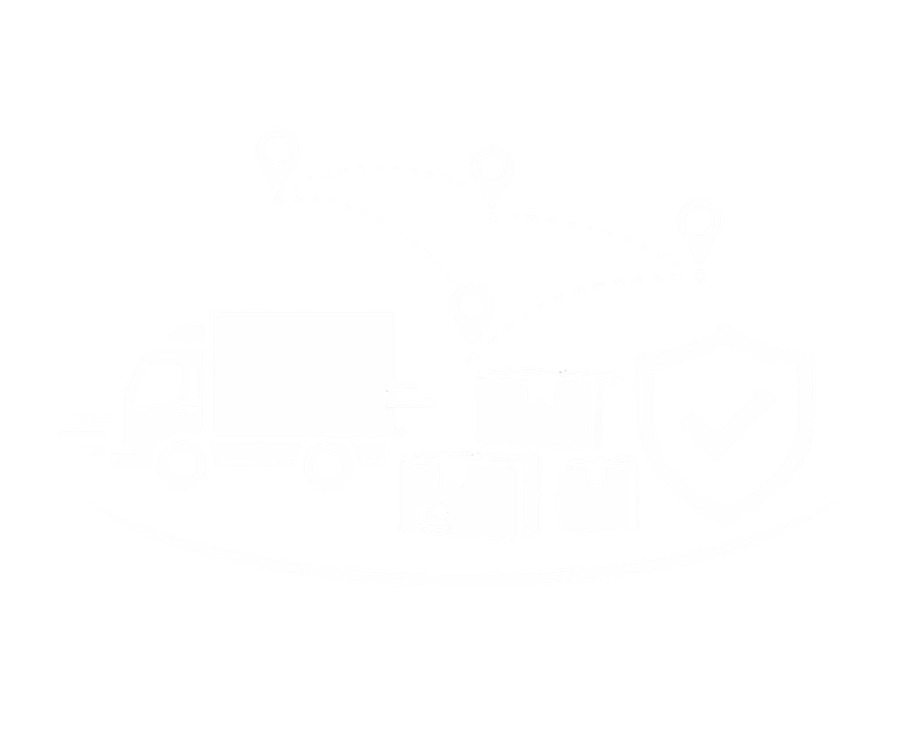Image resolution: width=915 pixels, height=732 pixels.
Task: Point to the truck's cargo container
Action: [302, 371]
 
